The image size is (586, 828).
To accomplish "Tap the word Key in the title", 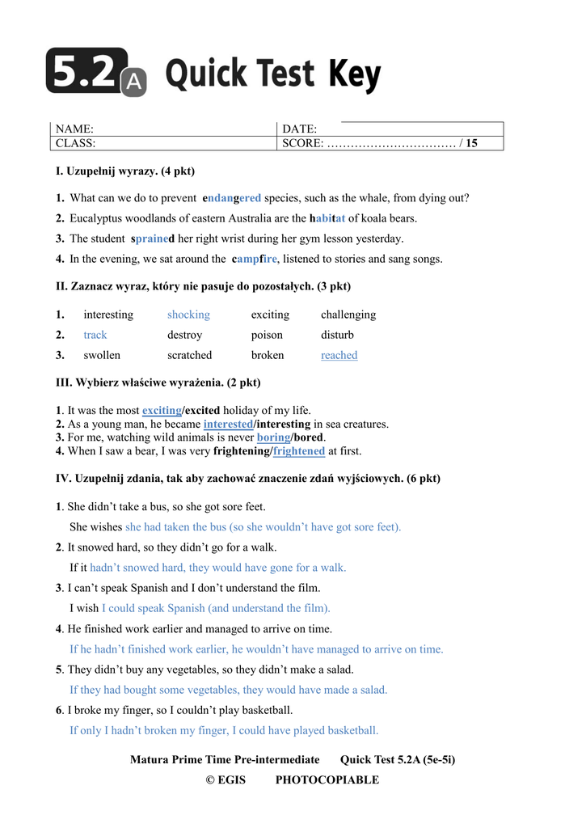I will (354, 75).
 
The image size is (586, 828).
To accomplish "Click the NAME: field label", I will (74, 129).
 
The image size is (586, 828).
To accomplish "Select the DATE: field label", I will (299, 129).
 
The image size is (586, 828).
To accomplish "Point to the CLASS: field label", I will (75, 144).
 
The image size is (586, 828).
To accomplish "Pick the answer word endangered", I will (232, 198).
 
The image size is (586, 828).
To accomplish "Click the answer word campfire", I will (255, 260).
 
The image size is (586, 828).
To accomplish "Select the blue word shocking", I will (188, 315).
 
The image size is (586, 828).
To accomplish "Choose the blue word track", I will (95, 335).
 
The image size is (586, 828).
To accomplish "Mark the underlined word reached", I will (339, 355).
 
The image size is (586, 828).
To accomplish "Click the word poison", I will (267, 335).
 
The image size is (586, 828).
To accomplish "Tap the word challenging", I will (348, 315).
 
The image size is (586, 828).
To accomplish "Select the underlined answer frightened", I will (299, 451).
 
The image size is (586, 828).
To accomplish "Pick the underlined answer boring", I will (273, 437).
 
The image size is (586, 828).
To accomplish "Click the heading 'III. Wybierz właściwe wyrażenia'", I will (158, 382).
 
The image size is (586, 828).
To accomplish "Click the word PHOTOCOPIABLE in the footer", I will (327, 780).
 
